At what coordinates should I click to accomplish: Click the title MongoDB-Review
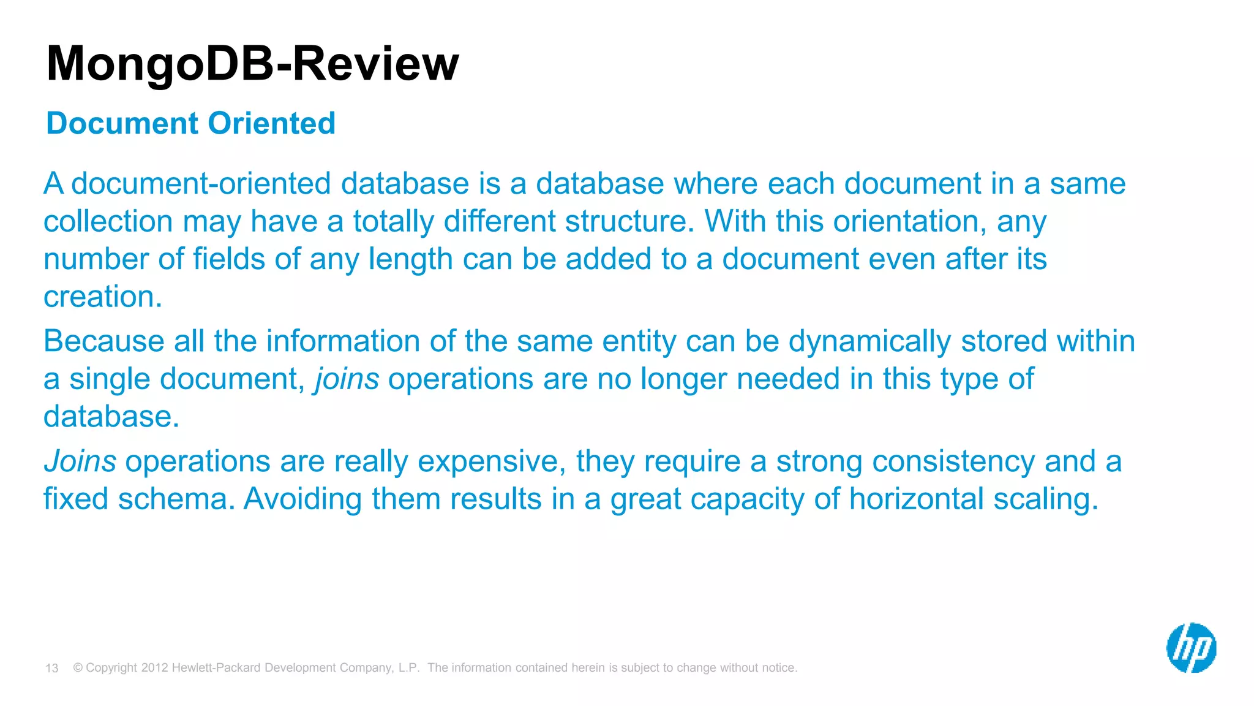(252, 64)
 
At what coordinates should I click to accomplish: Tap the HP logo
(1191, 648)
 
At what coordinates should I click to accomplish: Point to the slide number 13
(52, 668)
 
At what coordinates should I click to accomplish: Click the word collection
(108, 221)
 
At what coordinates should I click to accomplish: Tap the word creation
(102, 297)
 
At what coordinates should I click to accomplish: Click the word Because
(103, 341)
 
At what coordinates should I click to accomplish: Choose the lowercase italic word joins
(347, 379)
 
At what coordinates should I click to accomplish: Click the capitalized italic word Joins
(80, 461)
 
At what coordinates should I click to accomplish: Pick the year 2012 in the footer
(154, 668)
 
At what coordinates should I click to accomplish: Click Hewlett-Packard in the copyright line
(217, 668)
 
